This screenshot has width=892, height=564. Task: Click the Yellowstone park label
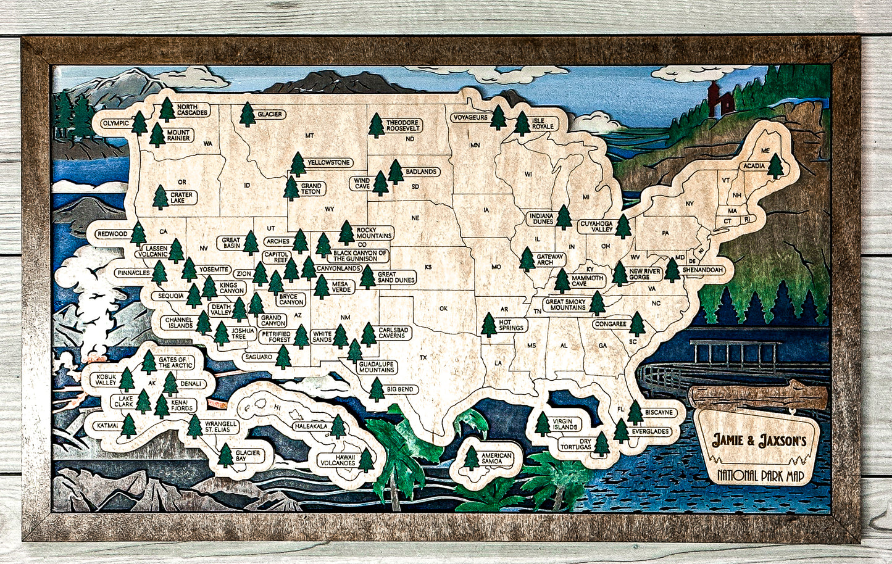(329, 163)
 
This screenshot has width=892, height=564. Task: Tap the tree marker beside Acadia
(775, 166)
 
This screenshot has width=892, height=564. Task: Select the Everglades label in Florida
(650, 432)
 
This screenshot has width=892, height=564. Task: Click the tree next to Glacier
(248, 114)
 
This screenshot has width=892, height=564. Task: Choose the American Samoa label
(497, 459)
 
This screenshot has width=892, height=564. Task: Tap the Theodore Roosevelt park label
(403, 125)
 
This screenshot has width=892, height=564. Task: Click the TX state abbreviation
(423, 357)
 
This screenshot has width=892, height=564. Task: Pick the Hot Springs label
(511, 325)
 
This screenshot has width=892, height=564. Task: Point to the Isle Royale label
(543, 123)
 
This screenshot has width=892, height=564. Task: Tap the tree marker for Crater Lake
(160, 197)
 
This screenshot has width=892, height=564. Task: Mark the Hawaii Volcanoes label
(336, 460)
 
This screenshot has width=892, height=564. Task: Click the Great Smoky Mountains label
(565, 304)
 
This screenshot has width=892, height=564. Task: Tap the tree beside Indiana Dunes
(563, 217)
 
